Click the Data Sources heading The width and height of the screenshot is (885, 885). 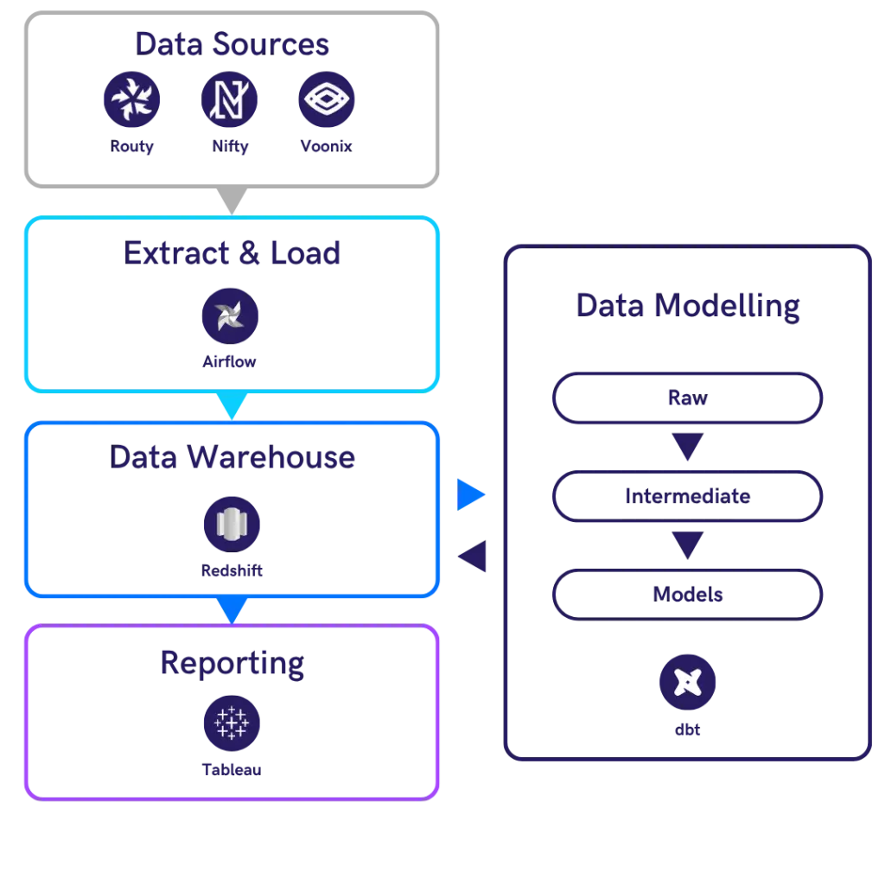tap(232, 45)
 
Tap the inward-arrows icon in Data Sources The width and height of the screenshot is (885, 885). tap(132, 99)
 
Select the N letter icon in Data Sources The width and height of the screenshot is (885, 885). tap(231, 99)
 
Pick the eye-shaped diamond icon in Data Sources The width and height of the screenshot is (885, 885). tap(328, 99)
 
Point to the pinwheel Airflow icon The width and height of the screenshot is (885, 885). tap(231, 317)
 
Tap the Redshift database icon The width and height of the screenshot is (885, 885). tap(232, 524)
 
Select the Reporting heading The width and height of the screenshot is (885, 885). tap(232, 663)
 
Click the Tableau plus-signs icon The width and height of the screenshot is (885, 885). tap(231, 723)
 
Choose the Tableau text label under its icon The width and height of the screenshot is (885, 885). tap(231, 770)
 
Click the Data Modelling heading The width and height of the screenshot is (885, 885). tap(687, 306)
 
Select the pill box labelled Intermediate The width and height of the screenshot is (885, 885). tap(687, 497)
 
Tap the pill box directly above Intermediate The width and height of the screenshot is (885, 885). tap(687, 399)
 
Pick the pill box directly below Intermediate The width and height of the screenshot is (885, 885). tap(687, 595)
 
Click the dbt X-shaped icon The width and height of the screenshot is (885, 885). tap(687, 683)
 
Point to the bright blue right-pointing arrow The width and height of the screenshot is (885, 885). tap(472, 495)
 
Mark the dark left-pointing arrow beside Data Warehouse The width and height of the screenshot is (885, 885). tap(474, 556)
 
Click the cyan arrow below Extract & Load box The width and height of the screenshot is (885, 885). tap(231, 404)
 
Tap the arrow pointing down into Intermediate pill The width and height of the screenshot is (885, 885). tap(687, 448)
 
